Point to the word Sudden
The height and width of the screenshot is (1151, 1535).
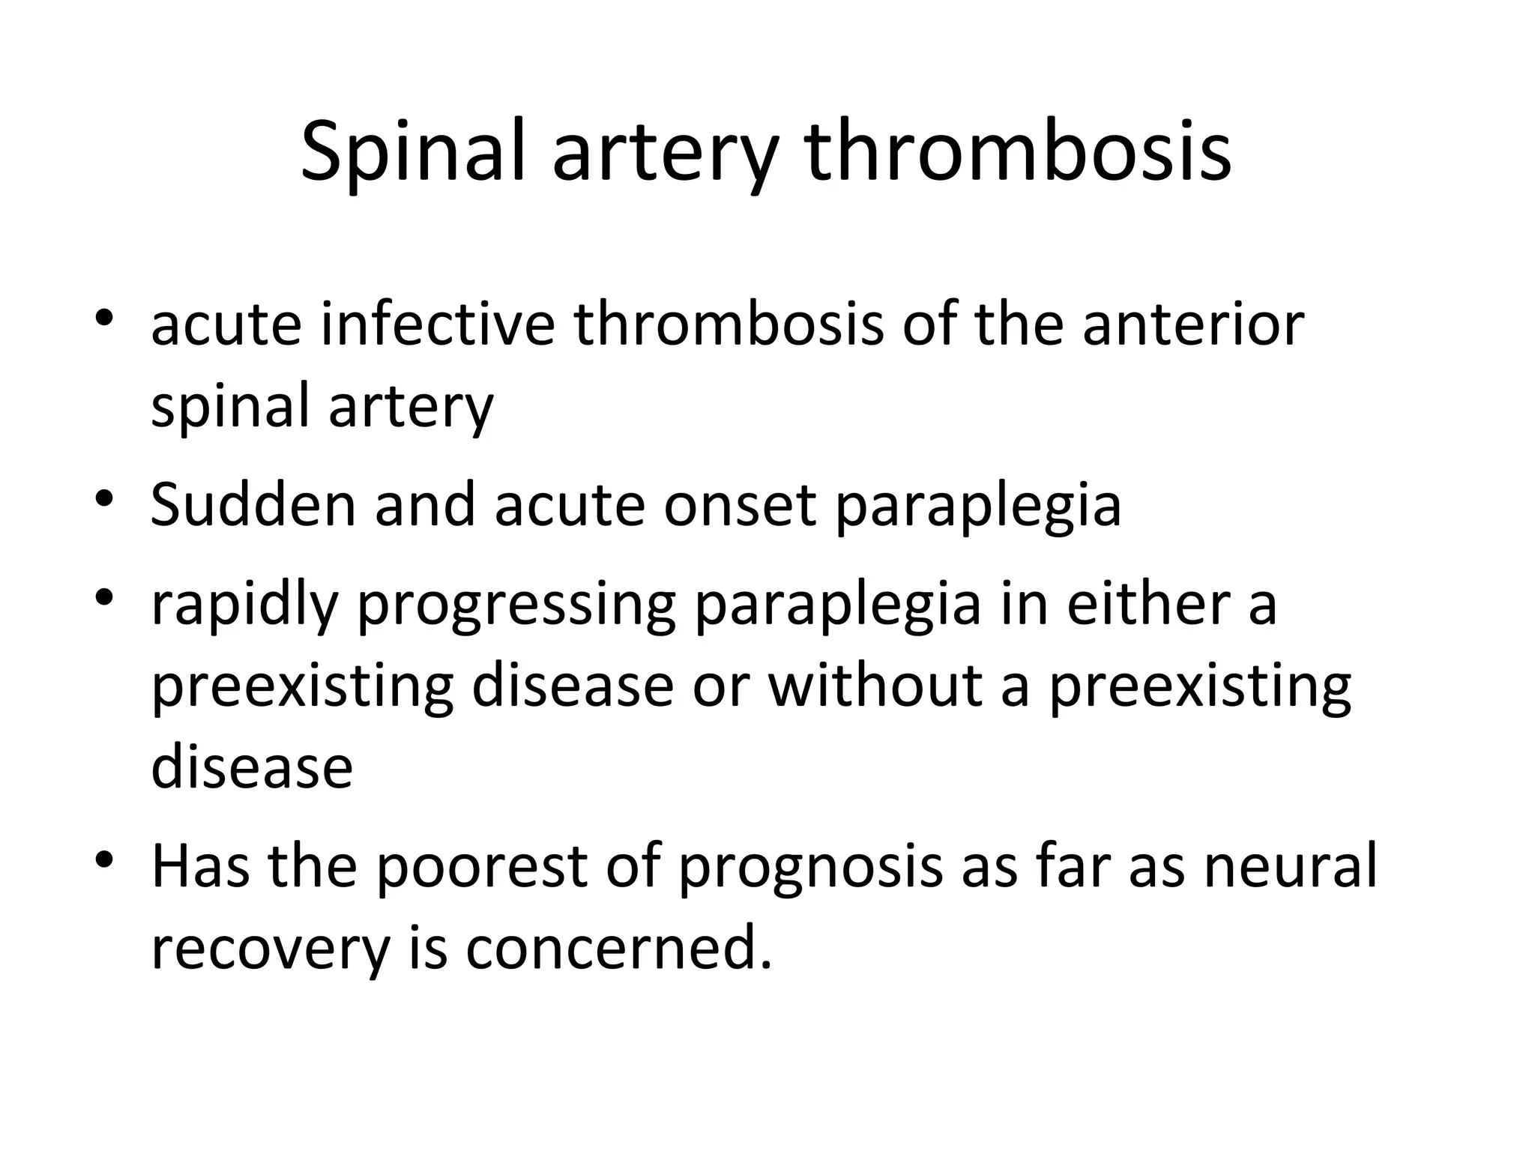tap(253, 504)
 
